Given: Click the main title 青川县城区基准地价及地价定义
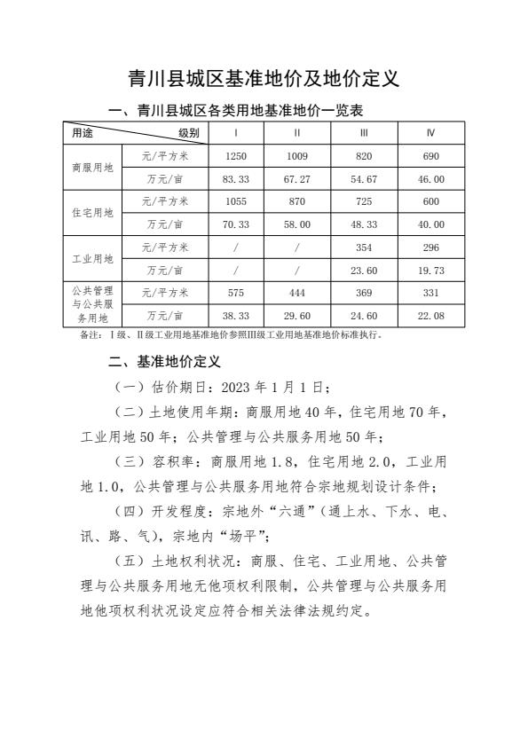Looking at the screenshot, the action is pyautogui.click(x=264, y=79).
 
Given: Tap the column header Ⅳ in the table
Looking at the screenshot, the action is pyautogui.click(x=430, y=132).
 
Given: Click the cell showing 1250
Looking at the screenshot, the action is pyautogui.click(x=235, y=155).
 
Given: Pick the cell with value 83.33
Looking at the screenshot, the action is pyautogui.click(x=235, y=178).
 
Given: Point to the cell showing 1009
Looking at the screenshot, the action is pyautogui.click(x=297, y=155).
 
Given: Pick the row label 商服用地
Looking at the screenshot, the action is pyautogui.click(x=92, y=167).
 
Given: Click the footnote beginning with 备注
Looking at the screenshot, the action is pyautogui.click(x=231, y=335).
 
